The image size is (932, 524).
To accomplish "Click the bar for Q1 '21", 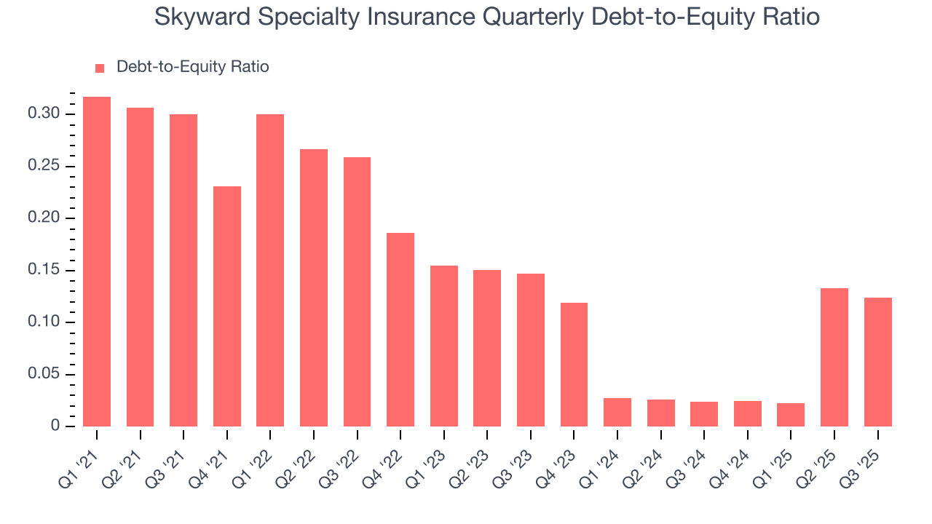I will pos(97,261).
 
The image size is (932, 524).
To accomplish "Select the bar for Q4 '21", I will pos(227,306).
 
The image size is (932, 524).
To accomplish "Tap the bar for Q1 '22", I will pos(270,270).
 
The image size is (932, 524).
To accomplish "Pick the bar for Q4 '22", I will pos(400,329).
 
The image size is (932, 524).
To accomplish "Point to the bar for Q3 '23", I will pos(531,349).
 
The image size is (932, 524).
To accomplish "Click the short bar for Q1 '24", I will pos(617,412).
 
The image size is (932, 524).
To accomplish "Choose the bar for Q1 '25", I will pos(791,414).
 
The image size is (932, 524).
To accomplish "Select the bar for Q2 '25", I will pos(834,357).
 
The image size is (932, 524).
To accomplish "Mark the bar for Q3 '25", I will pos(878,362).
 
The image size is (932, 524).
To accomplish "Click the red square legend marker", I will pos(100,68).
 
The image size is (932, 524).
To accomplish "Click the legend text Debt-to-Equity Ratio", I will pos(193,67).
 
